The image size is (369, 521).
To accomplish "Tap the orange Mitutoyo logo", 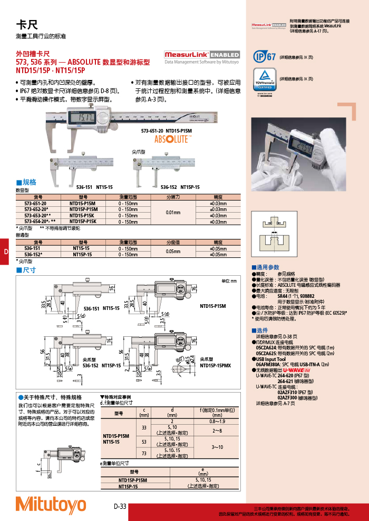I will [51, 504].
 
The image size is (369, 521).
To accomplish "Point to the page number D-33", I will [120, 506].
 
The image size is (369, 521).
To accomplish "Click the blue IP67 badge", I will [264, 56].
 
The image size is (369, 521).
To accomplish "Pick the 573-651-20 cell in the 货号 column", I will [35, 203].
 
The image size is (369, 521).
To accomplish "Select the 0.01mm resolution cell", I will [172, 213].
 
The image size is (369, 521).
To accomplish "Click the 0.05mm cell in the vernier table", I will [172, 252].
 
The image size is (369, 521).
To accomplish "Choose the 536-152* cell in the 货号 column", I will [35, 255].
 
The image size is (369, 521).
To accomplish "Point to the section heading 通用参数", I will [268, 267].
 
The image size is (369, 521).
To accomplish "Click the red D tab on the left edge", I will [5, 252].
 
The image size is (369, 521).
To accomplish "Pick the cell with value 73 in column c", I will [144, 453].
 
